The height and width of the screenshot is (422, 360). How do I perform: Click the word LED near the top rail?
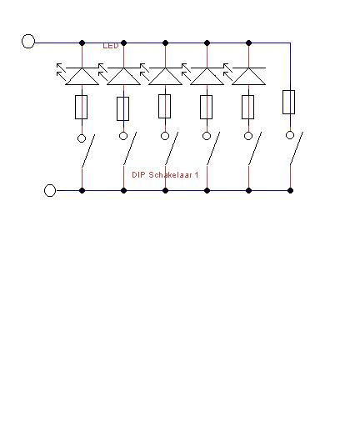pyautogui.click(x=111, y=46)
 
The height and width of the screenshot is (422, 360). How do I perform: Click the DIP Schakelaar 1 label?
pyautogui.click(x=165, y=175)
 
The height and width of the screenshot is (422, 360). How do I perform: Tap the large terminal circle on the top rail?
pyautogui.click(x=28, y=42)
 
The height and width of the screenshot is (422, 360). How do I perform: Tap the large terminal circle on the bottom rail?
pyautogui.click(x=50, y=190)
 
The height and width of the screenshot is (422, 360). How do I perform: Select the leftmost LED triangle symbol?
pyautogui.click(x=82, y=76)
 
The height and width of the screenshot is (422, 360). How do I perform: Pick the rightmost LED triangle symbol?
pyautogui.click(x=248, y=76)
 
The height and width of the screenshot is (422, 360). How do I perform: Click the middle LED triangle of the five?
pyautogui.click(x=165, y=76)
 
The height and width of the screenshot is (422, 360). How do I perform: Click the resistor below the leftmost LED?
pyautogui.click(x=81, y=108)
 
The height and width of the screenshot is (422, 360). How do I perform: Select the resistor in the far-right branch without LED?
pyautogui.click(x=288, y=102)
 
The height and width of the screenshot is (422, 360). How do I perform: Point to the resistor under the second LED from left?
pyautogui.click(x=122, y=108)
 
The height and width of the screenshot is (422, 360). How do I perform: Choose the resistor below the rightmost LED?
pyautogui.click(x=247, y=108)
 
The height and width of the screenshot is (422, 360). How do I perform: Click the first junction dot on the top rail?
pyautogui.click(x=82, y=43)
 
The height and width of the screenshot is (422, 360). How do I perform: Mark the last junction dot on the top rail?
pyautogui.click(x=248, y=43)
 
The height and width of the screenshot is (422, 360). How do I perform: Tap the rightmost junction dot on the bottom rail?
pyautogui.click(x=290, y=190)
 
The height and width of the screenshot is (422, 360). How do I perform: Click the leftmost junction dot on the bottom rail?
pyautogui.click(x=82, y=190)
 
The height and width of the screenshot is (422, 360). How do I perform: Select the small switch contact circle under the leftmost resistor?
pyautogui.click(x=82, y=138)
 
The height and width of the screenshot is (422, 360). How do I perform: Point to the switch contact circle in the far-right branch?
pyautogui.click(x=290, y=135)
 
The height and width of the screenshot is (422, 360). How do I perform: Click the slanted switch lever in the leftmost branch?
pyautogui.click(x=88, y=151)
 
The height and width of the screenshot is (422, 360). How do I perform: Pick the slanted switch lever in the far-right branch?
pyautogui.click(x=297, y=148)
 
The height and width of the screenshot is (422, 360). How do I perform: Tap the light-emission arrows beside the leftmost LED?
pyautogui.click(x=61, y=70)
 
